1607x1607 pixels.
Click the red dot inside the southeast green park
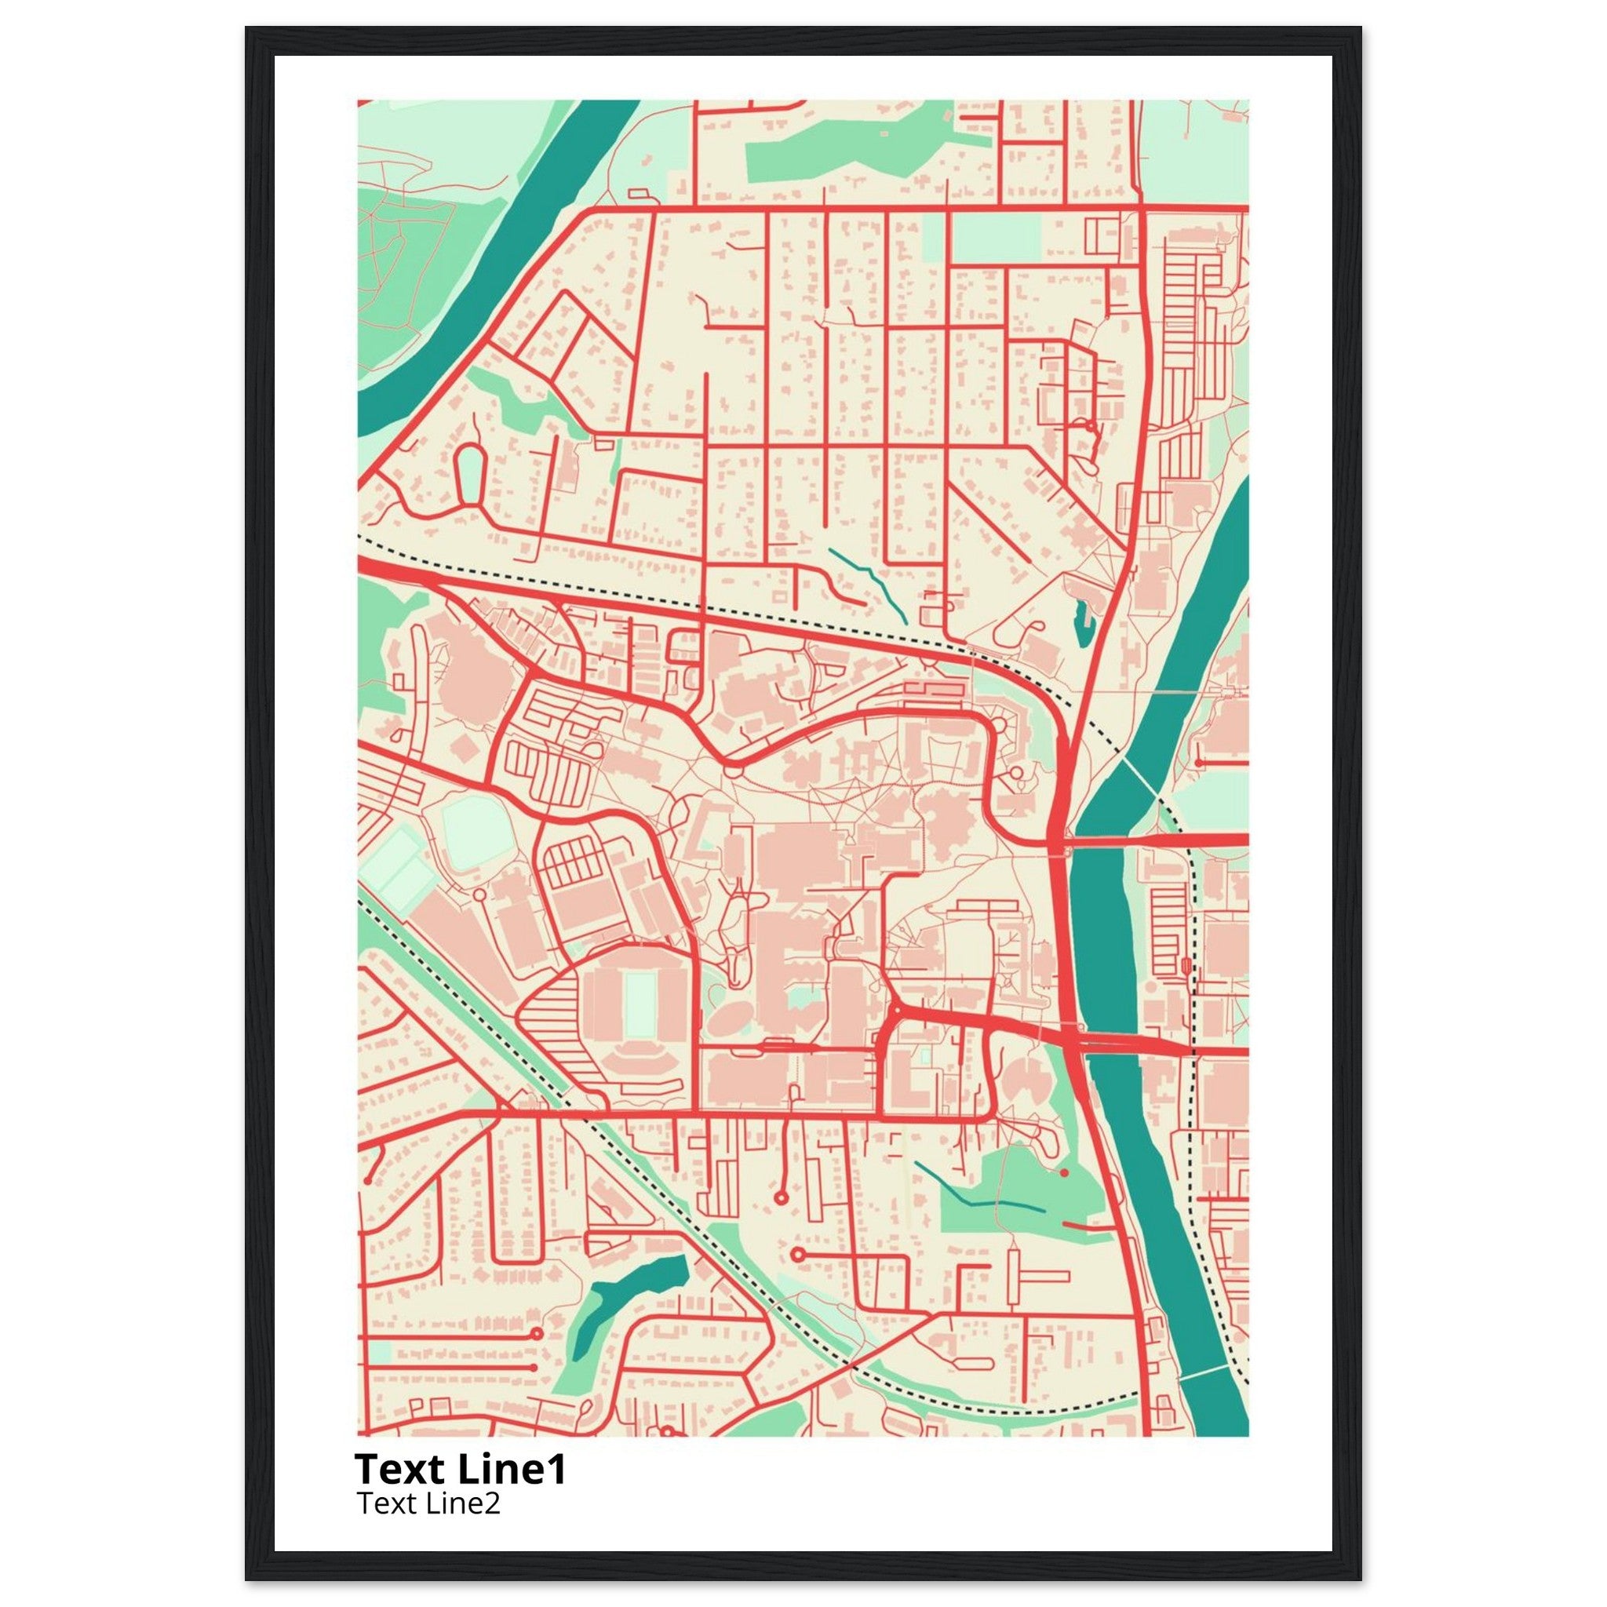[x=1064, y=1172]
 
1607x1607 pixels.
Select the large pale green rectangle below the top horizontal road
[x=996, y=237]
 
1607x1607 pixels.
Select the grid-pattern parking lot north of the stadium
[x=572, y=864]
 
